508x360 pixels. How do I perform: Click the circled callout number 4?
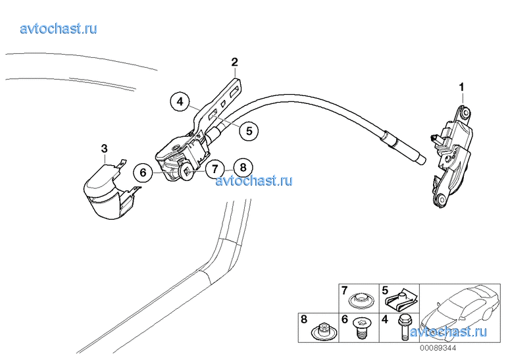[179, 103]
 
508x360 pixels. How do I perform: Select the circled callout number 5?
[249, 131]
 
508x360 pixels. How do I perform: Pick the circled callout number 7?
[215, 168]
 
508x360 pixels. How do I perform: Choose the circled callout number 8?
[242, 168]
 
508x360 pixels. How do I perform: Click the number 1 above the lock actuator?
[461, 87]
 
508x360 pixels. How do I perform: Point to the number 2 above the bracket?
[234, 63]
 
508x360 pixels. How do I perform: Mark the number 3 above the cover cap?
[104, 149]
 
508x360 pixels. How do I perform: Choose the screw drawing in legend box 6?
[361, 328]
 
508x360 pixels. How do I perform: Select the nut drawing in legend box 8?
[322, 329]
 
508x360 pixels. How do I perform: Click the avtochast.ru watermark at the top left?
[59, 28]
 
